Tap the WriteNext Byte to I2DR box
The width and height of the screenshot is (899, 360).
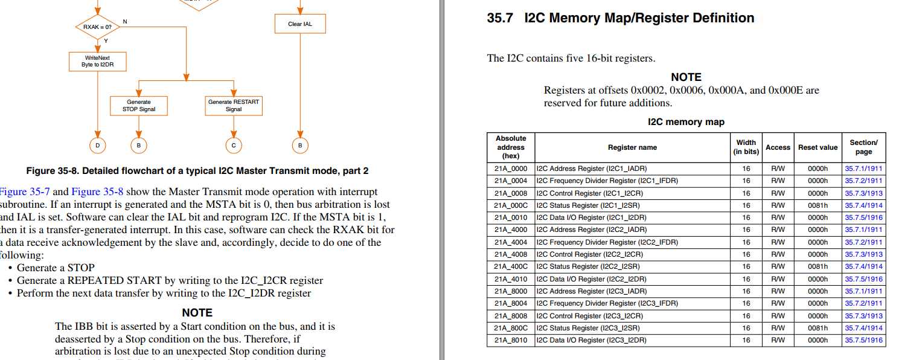coord(97,62)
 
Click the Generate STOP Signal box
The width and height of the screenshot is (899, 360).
coord(139,106)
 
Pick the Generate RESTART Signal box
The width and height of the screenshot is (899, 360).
coord(234,106)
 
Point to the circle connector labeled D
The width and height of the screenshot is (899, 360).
coord(97,145)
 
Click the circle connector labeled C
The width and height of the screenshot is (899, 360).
coord(234,145)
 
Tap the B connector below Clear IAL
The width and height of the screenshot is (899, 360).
coord(300,145)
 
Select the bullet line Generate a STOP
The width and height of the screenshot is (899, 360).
coord(56,268)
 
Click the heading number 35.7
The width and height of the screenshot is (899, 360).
coord(499,18)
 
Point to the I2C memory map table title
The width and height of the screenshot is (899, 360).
coord(686,122)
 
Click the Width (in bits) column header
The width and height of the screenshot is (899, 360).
coord(746,147)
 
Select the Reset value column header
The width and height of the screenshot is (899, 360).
coord(817,147)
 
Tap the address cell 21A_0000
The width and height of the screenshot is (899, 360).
coord(511,169)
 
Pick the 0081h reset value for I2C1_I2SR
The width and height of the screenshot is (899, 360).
coord(817,205)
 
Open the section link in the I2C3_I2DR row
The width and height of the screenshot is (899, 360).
coord(863,340)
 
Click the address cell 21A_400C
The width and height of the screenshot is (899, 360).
coord(511,266)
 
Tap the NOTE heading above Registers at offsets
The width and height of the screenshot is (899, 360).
coord(686,77)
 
